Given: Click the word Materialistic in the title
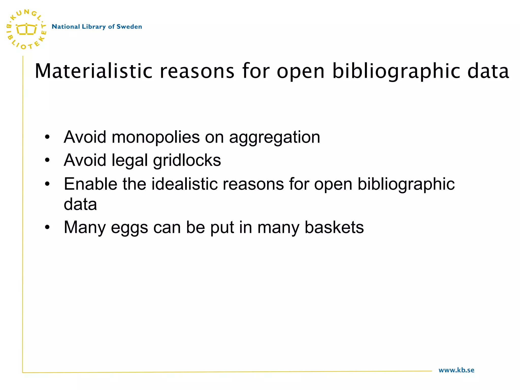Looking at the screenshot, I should tap(93, 71).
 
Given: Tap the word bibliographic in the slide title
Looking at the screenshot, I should tap(396, 71).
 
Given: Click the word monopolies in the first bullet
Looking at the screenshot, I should tap(155, 137).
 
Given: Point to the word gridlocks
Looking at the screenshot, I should tap(187, 161).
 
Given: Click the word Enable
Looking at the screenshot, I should tap(90, 184).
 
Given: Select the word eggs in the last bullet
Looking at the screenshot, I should tap(129, 227).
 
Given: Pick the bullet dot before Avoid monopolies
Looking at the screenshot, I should tap(47, 137).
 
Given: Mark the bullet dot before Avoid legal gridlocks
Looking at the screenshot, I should tap(47, 160).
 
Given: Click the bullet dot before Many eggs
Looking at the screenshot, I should tap(47, 227).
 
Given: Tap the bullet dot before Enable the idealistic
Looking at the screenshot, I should tap(47, 184).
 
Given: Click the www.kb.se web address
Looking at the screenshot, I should tap(456, 370).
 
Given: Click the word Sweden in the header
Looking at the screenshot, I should tap(129, 27).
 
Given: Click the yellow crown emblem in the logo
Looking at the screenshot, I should tap(26, 29).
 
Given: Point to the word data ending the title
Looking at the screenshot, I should tap(488, 71).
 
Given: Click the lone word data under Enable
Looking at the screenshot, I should tap(80, 204).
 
